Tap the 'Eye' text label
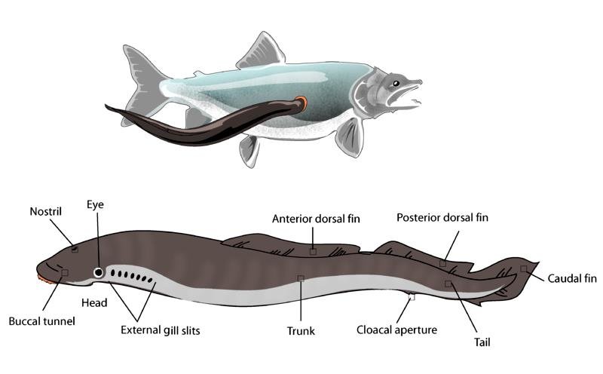95,204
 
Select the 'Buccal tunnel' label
42,320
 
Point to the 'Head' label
94,302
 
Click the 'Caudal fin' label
572,278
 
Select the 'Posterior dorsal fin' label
442,217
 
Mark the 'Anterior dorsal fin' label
317,219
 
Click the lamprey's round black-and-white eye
99,272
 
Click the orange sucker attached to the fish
302,103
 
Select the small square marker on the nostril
75,249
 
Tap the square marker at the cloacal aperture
412,297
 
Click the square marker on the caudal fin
523,268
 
